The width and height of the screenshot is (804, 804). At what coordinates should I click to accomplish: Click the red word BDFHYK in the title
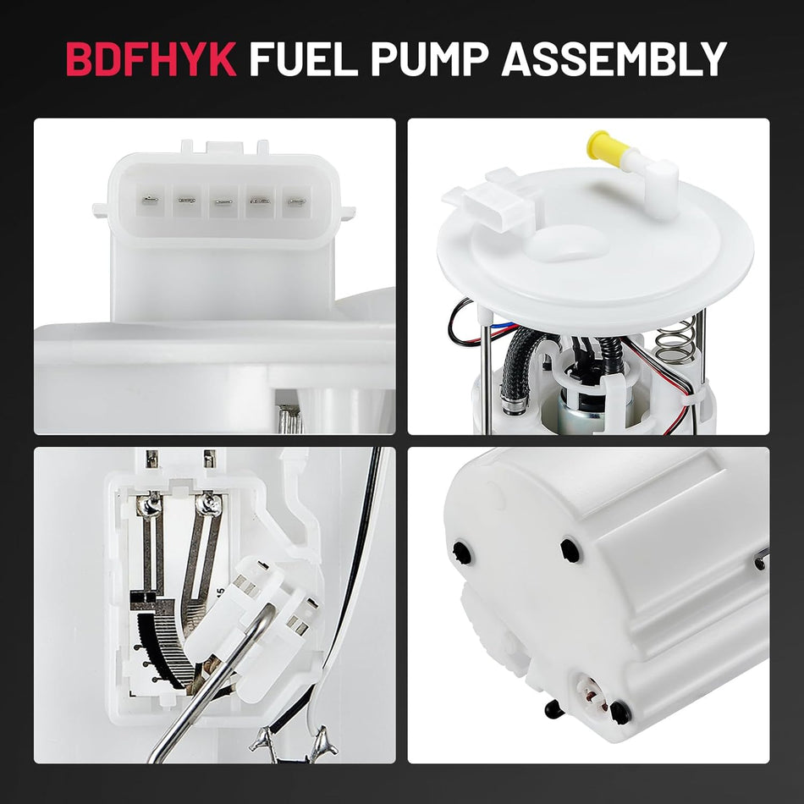[x=151, y=59]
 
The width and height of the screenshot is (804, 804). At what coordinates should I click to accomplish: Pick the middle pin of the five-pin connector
[x=223, y=203]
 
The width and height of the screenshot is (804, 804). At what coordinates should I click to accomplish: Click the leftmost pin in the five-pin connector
[x=149, y=201]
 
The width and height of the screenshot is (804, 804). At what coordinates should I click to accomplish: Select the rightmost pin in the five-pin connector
[x=296, y=203]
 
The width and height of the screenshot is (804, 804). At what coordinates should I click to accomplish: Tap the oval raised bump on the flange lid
[x=568, y=243]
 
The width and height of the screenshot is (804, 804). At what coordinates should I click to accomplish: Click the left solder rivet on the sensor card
[x=151, y=506]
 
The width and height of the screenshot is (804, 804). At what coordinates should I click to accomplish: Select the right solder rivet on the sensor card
[x=208, y=505]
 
